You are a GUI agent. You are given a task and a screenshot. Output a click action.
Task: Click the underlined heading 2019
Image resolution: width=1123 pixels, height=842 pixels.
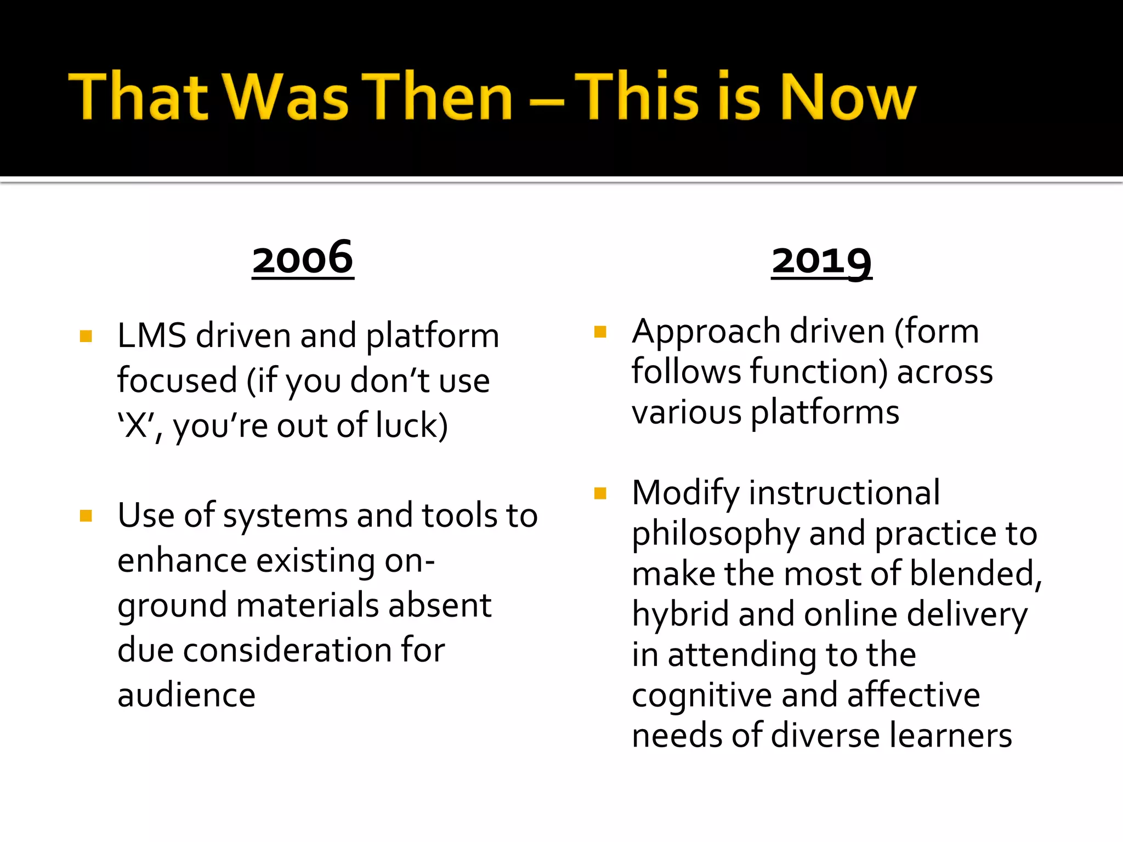click(821, 261)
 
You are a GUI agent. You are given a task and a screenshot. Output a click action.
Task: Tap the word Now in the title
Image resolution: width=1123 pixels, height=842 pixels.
click(847, 98)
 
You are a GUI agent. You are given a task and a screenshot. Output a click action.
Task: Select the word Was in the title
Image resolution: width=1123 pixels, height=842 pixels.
click(287, 98)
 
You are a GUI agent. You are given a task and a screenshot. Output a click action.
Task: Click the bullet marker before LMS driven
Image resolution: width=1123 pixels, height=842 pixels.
click(86, 336)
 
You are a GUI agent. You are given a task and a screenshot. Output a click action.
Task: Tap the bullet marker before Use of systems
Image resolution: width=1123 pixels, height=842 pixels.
click(86, 516)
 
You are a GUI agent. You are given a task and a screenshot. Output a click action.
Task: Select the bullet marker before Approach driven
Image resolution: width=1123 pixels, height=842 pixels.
click(600, 332)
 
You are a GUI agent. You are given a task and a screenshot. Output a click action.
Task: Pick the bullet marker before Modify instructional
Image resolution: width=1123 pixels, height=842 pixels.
click(600, 493)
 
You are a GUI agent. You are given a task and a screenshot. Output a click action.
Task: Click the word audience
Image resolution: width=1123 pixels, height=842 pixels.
click(186, 695)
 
